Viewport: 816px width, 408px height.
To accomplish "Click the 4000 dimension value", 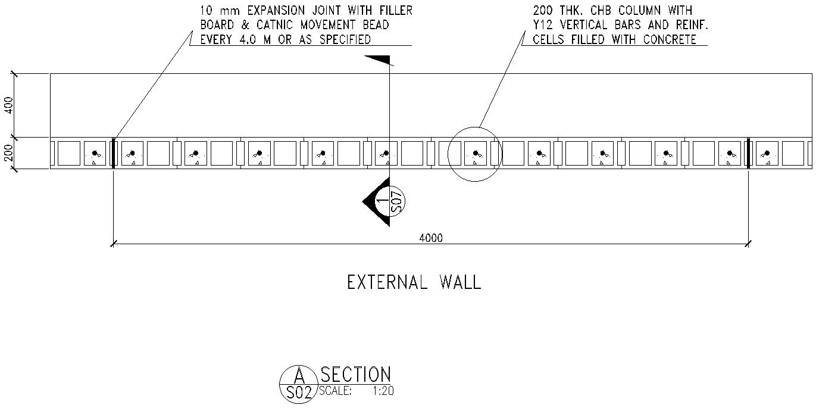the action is point(431,238).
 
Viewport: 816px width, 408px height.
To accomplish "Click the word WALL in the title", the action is point(459,282).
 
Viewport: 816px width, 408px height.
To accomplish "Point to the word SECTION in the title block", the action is point(355,374).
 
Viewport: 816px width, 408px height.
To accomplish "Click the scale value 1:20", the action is point(383,391).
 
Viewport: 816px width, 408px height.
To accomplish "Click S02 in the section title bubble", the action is point(299,393).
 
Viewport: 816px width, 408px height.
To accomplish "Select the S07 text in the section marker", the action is point(398,203).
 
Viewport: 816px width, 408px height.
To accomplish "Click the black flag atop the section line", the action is point(377,60).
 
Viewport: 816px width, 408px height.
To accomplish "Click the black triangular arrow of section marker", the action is point(372,203).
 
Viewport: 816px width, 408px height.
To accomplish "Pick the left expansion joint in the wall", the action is point(112,154).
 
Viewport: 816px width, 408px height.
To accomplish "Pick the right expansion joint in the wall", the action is point(748,154).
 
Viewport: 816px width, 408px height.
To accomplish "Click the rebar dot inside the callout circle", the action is point(475,153).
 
